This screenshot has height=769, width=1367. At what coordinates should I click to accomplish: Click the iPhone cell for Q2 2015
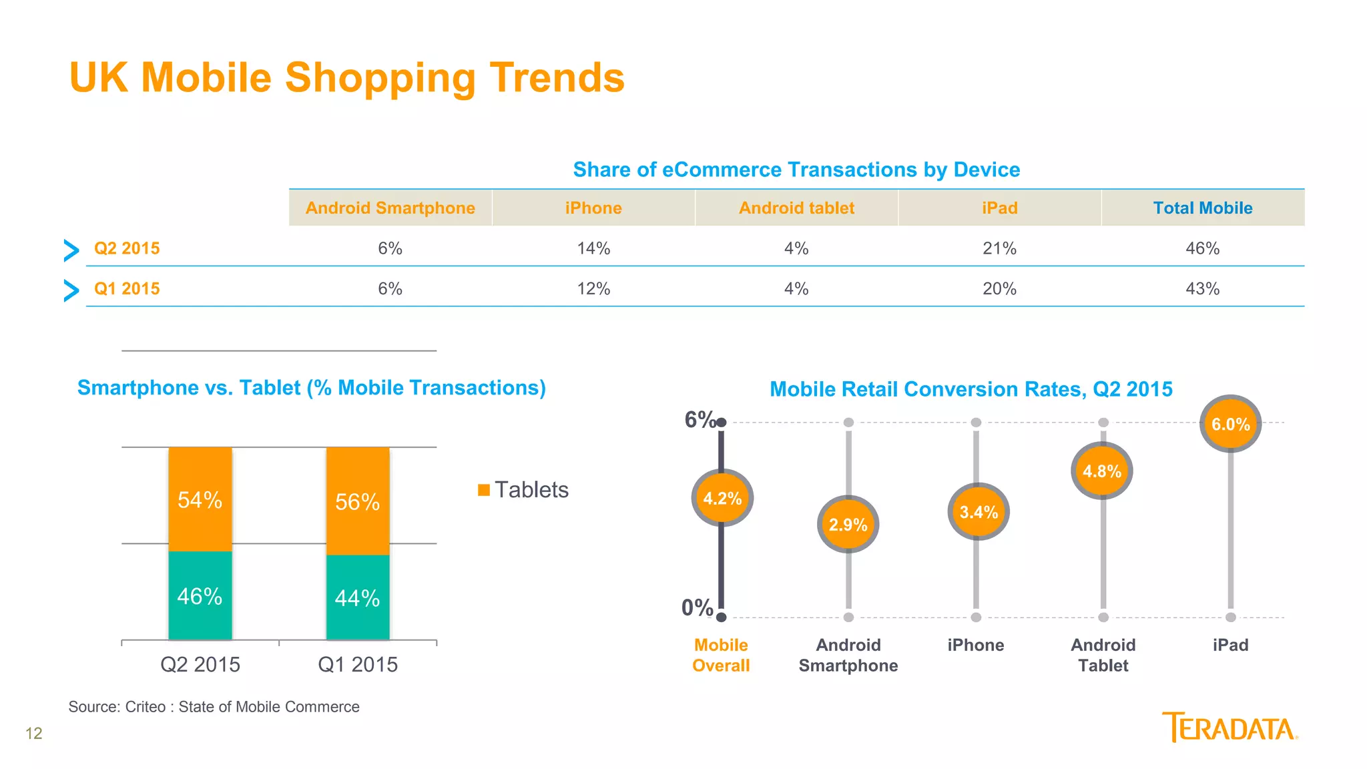tap(593, 248)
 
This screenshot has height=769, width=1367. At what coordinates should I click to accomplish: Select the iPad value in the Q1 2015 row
tap(999, 289)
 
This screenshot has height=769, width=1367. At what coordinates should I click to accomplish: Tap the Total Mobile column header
tap(1203, 208)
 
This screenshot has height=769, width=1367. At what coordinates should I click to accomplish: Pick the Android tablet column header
tap(796, 208)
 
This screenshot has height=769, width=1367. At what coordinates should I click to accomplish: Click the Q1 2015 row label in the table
tap(127, 289)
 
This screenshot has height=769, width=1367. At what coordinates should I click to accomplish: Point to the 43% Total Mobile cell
tap(1202, 289)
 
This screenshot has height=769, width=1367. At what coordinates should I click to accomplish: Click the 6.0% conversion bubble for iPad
tap(1230, 424)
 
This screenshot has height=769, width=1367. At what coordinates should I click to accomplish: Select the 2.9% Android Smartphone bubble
tap(848, 525)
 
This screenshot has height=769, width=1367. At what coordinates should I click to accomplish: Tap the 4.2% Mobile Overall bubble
tap(722, 498)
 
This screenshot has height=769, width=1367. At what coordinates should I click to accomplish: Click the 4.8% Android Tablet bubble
tap(1102, 471)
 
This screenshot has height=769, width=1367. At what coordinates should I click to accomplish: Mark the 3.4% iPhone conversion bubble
tap(979, 512)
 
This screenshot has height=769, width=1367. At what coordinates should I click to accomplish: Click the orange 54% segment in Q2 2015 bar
tap(200, 499)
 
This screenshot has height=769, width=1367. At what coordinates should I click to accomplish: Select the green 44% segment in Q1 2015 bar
tap(358, 597)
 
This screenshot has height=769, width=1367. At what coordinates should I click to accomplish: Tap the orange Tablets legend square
tap(484, 491)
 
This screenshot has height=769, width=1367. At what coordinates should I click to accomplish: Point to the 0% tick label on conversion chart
tap(697, 607)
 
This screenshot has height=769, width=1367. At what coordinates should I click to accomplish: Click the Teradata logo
tap(1229, 728)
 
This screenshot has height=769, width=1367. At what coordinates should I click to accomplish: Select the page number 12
tap(33, 734)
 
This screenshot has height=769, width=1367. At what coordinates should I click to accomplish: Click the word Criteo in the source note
tap(146, 707)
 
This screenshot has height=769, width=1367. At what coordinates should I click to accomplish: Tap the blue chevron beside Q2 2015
tap(71, 250)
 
